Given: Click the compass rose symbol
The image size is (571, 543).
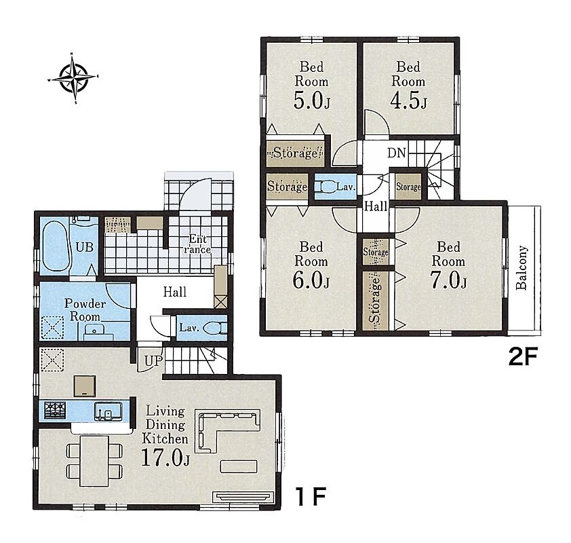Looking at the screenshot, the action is (73, 77).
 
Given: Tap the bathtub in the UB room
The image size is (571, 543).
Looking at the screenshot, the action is (56, 246).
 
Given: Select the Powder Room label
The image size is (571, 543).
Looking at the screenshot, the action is (85, 310).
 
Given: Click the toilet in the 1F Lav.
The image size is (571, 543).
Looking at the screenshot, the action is (215, 328).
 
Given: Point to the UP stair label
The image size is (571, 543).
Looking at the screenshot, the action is (153, 361).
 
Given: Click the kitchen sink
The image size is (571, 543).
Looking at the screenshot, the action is (108, 411).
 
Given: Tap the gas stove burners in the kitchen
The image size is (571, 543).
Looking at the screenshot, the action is (55, 411).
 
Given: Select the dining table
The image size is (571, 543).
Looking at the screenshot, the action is (94, 461).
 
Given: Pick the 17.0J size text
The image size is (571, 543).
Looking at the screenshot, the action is (165, 457).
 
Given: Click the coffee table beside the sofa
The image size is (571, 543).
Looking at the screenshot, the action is (239, 466).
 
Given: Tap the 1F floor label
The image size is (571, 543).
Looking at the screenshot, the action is (311, 496).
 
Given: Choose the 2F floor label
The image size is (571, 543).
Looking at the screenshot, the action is (523, 357).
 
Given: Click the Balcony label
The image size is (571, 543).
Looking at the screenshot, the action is (521, 268).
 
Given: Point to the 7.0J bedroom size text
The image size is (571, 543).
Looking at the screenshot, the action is (448, 280).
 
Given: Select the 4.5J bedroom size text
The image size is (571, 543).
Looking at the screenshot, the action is (408, 100).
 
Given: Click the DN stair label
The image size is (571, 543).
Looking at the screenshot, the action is (396, 153).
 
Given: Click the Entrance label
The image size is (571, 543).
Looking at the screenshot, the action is (197, 244).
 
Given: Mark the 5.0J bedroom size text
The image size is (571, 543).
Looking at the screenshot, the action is (312, 100).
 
